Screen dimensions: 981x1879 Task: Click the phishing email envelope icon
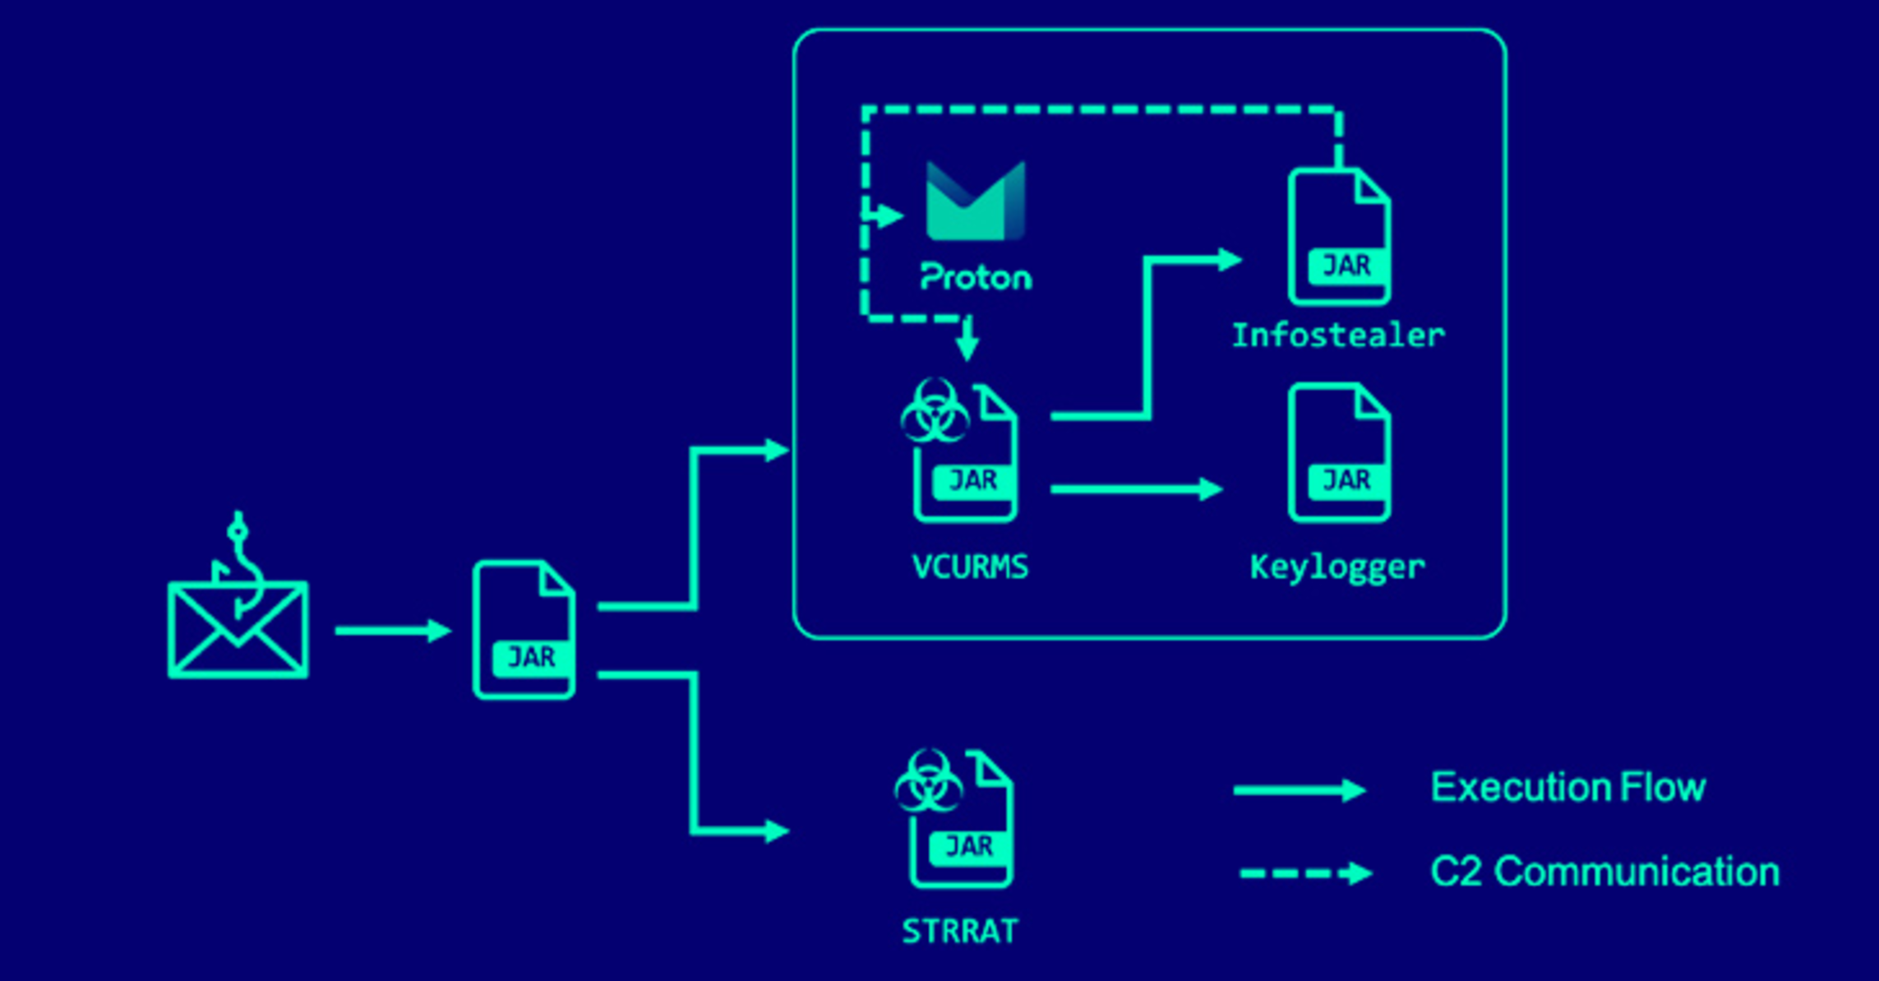click(x=238, y=631)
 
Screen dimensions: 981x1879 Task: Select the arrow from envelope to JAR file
click(x=393, y=632)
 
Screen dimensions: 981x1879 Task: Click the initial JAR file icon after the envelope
click(x=524, y=631)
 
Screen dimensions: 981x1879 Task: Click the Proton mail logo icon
click(x=976, y=201)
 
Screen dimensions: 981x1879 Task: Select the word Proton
click(x=976, y=277)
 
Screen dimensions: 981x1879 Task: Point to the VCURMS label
click(x=970, y=567)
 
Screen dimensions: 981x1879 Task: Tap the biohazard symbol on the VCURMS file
click(x=934, y=410)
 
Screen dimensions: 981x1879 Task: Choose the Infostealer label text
click(x=1337, y=335)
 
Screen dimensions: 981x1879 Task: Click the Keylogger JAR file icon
click(x=1339, y=453)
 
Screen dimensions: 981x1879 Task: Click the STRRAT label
click(x=960, y=932)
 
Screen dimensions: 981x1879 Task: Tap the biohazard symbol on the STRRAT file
click(x=929, y=780)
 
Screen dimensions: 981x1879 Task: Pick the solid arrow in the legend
click(x=1299, y=790)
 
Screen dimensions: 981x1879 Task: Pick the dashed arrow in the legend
click(x=1305, y=873)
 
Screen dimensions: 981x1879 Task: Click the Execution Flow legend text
click(x=1567, y=788)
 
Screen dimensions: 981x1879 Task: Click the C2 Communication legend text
click(x=1604, y=872)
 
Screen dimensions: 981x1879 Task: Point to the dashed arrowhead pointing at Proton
click(x=889, y=216)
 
